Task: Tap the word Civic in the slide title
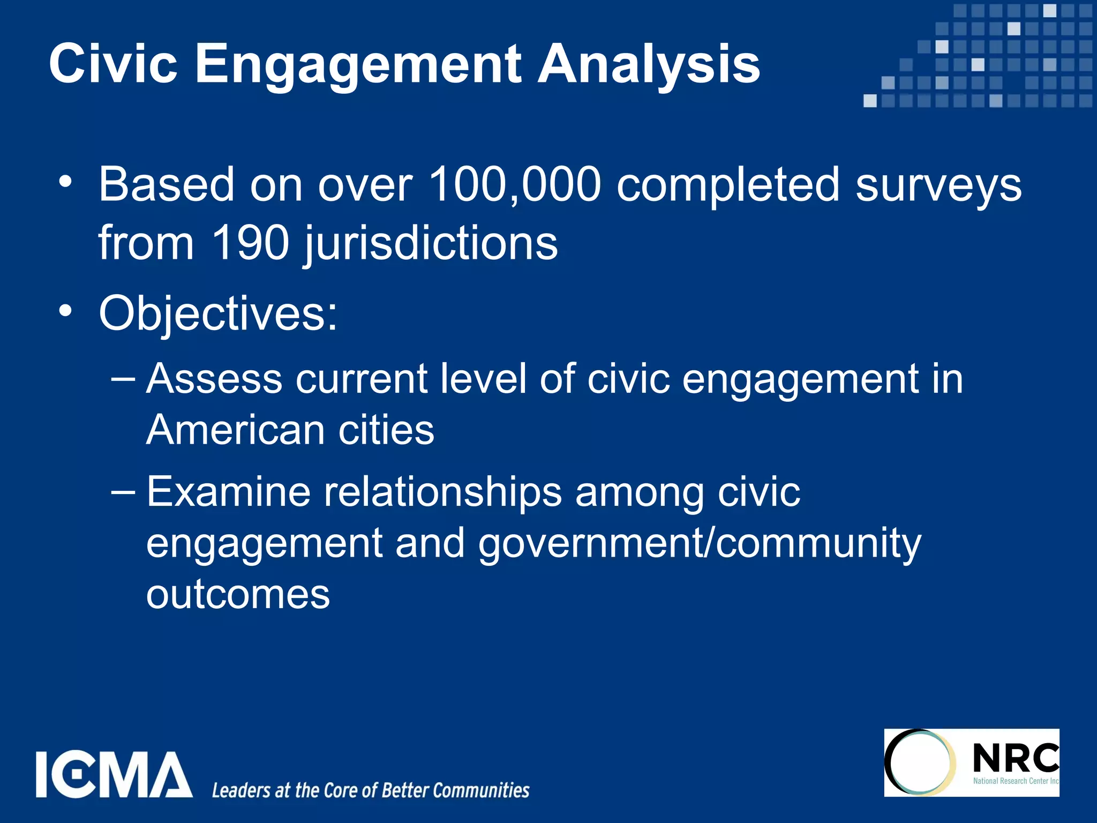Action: coord(113,64)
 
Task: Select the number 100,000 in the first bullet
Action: coord(515,185)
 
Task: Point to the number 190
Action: coord(250,244)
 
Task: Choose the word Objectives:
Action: coord(218,315)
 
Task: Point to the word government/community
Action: coord(700,544)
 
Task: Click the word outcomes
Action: coord(238,594)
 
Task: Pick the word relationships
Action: coord(442,492)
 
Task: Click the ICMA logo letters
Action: coord(114,774)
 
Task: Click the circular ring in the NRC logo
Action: coord(920,762)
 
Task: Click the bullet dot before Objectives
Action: coord(65,311)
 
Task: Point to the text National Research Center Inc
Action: coord(1016,781)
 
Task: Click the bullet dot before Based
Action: coord(65,181)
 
